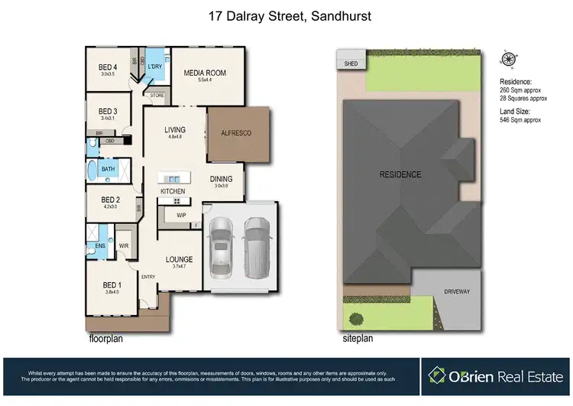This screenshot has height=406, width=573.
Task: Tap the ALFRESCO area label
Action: [x=236, y=133]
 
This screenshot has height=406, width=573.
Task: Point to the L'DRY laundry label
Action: [x=155, y=67]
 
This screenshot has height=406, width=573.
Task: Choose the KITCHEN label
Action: [x=173, y=190]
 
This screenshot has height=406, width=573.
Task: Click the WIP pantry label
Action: [x=181, y=215]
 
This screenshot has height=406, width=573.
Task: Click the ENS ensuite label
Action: [x=100, y=246]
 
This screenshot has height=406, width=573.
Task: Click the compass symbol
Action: [x=507, y=59]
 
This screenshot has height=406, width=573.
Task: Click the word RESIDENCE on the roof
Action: [x=400, y=174]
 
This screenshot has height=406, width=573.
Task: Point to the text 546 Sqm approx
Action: [x=520, y=120]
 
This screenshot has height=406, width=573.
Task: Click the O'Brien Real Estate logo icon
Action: [x=437, y=375]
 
